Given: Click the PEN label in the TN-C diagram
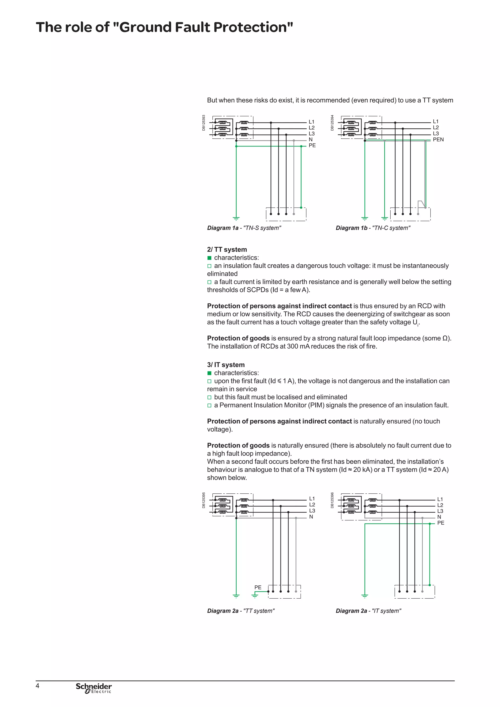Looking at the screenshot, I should point(438,139).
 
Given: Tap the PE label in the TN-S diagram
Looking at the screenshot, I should point(312,145).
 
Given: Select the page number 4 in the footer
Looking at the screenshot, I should point(38,686).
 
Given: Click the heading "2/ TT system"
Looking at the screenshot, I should point(227,250).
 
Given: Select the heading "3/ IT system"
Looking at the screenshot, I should point(226,364).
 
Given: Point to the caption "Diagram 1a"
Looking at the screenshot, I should point(223,228).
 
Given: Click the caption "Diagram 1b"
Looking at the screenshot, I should point(351,228).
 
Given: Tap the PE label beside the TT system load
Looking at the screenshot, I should point(258,587).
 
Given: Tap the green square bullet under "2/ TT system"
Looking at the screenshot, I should point(209,258).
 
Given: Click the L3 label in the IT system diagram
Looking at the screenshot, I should point(440,511).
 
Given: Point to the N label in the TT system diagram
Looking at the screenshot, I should point(311,517).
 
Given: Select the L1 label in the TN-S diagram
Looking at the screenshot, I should point(311,122).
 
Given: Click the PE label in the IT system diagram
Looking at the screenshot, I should point(441,523).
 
